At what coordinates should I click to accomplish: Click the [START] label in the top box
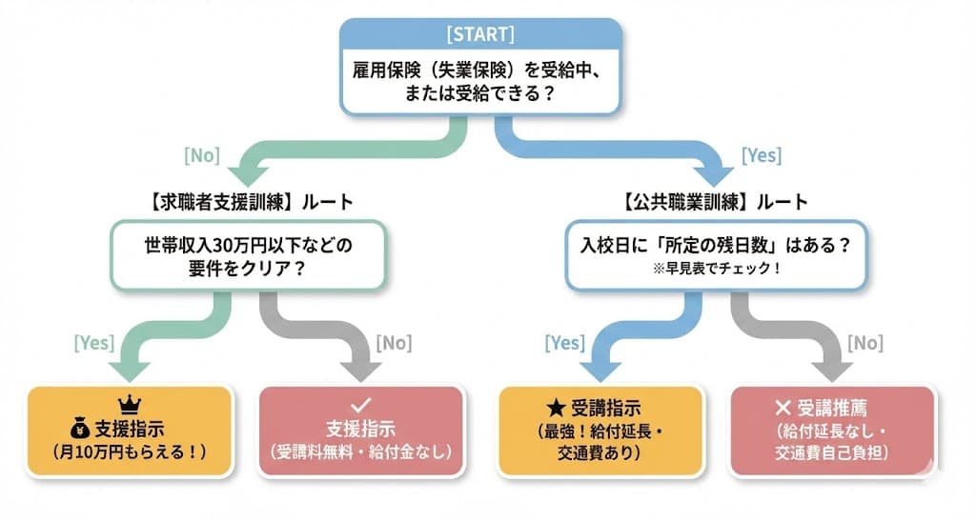click(480, 35)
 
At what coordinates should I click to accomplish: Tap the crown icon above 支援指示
click(128, 402)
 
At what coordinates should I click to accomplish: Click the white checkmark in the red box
click(360, 405)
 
